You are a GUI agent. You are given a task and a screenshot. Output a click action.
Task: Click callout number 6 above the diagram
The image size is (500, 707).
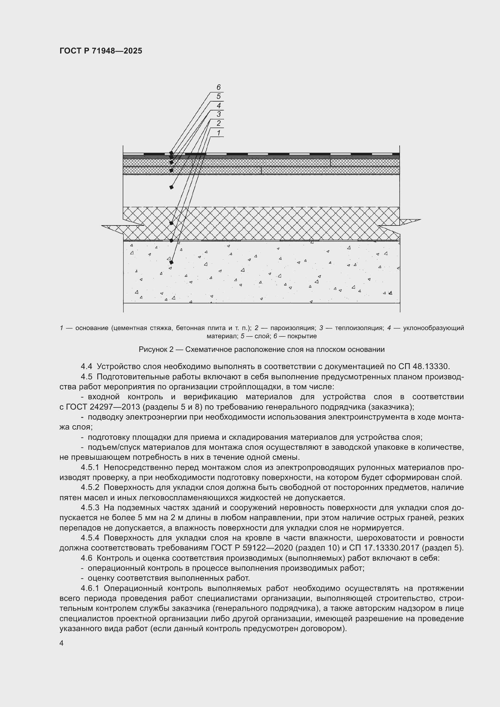tap(219, 87)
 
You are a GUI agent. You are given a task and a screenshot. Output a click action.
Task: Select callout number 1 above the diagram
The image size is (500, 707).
tap(219, 133)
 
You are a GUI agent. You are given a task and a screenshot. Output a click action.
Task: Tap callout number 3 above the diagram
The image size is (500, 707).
tap(219, 114)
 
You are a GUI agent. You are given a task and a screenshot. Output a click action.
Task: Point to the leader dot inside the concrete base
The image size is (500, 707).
tap(171, 262)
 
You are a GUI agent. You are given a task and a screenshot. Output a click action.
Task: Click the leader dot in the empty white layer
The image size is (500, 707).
tap(171, 187)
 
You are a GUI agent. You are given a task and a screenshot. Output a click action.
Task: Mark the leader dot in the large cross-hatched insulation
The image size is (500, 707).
tap(171, 223)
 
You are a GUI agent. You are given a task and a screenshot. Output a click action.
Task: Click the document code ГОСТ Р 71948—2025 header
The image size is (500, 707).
tap(101, 51)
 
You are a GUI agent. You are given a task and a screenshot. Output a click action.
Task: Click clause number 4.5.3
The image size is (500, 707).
tap(90, 508)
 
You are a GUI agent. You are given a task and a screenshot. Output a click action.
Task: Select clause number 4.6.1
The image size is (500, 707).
tap(90, 589)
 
